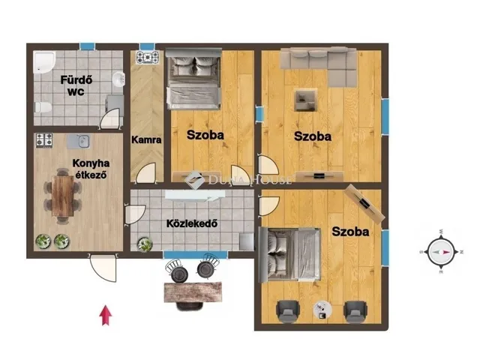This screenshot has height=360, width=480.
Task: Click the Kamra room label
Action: tap(146, 140)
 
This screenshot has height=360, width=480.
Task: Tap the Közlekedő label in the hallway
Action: tap(192, 223)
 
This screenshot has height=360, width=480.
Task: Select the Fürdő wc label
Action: tap(76, 85)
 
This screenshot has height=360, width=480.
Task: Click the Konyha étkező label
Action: tap(91, 169)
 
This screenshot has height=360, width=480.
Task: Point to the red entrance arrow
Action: tap(105, 315)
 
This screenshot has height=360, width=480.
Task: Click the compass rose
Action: tap(441, 252)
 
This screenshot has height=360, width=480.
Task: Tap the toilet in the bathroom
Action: tap(43, 107)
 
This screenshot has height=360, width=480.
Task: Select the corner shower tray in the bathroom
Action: tap(44, 62)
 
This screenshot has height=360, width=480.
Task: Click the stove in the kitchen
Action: tap(44, 140)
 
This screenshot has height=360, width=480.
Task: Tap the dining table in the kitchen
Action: tap(62, 196)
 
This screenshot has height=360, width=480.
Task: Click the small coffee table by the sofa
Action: tap(305, 100)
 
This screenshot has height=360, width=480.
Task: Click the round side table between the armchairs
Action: tap(322, 310)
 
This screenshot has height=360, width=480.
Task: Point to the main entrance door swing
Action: tap(103, 268)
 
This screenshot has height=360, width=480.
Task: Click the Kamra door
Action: tap(146, 173)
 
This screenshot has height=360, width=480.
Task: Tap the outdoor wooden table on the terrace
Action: tap(193, 292)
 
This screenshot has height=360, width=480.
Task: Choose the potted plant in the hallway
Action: tap(145, 244)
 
